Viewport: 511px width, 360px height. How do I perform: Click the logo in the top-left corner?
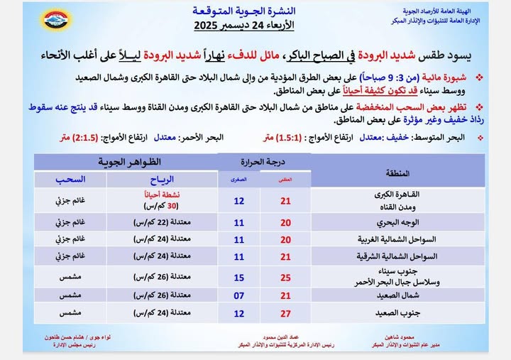[54, 19]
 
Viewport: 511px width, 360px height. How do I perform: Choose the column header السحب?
[70, 180]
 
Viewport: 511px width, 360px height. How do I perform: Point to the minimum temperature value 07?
[239, 295]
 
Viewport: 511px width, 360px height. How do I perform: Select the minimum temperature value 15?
[239, 276]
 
